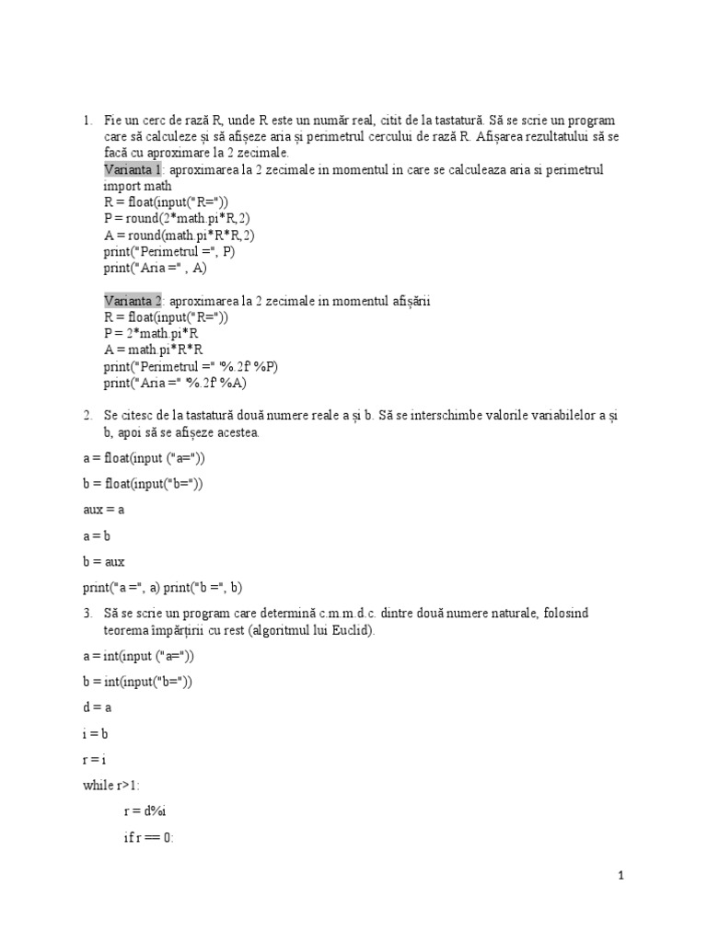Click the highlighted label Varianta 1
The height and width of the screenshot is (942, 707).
[x=133, y=170]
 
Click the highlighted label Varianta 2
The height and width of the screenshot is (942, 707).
[x=133, y=301]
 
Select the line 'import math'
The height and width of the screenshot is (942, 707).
[x=137, y=185]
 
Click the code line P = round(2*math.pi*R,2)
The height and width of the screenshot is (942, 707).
[x=177, y=218]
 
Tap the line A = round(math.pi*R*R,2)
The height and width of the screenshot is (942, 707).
[x=180, y=235]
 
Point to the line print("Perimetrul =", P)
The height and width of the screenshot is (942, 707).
[x=169, y=251]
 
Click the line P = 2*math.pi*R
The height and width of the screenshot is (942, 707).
[x=151, y=334]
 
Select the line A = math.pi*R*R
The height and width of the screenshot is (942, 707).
[x=153, y=350]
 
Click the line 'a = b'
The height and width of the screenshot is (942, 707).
[x=96, y=534]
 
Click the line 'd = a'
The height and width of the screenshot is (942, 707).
[x=97, y=707]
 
